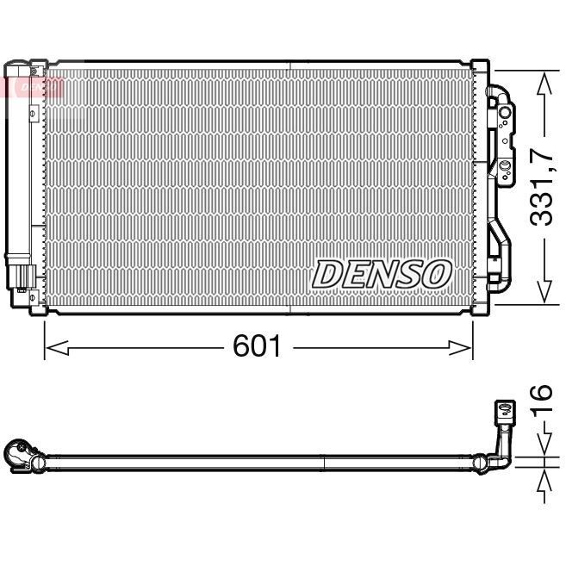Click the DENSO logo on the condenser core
pos(382,274)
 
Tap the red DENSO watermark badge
pos(34,87)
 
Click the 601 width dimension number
pos(257,347)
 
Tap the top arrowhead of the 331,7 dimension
pos(543,81)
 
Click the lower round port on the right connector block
pos(504,164)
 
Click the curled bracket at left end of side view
pos(18,454)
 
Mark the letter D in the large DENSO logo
pos(327,274)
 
